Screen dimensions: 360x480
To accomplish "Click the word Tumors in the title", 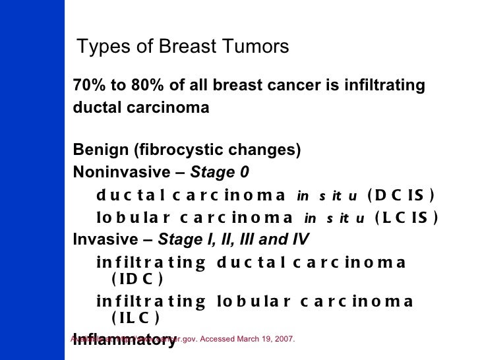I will (255, 47).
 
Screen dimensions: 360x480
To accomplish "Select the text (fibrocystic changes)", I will (217, 150).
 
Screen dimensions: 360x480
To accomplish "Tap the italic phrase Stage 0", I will (220, 173).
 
